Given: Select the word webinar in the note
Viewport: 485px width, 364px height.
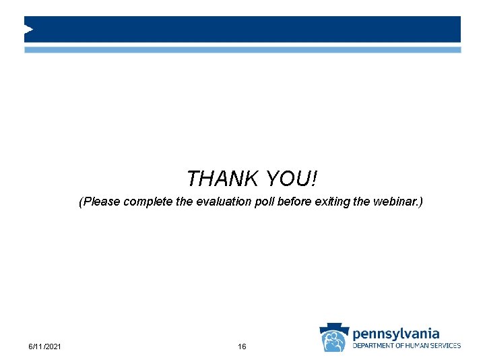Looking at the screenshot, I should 396,202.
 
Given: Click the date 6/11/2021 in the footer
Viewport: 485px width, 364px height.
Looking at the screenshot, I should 45,346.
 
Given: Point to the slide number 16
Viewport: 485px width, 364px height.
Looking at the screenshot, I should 242,346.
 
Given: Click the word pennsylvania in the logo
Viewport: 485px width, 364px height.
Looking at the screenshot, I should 396,333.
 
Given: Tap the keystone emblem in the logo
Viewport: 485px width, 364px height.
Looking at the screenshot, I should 333,336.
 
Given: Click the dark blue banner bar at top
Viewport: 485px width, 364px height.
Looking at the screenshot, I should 243,29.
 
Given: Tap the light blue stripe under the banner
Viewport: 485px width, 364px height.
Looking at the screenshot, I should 243,50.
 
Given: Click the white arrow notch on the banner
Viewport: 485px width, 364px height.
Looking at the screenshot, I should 28,29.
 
